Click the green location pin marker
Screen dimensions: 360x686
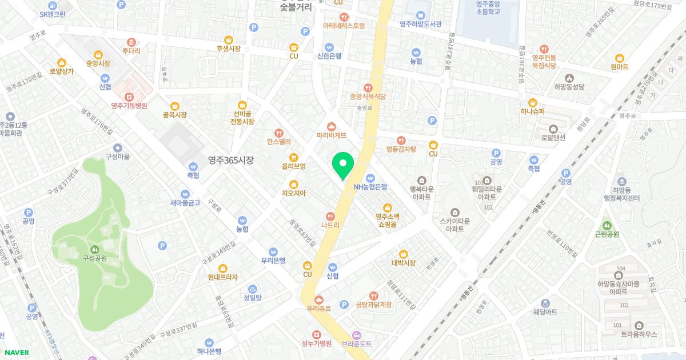coord(343,165)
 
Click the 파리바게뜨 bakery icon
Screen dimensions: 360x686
coord(332,126)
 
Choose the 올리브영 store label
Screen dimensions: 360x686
coord(294,166)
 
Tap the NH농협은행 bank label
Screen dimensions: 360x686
coord(370,186)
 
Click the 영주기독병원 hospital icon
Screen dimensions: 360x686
coord(129,96)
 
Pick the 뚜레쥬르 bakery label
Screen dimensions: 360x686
coord(319,309)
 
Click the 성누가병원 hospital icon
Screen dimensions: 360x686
coord(317,334)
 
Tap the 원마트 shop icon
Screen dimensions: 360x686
coord(619,58)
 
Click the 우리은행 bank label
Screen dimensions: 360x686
coord(273,261)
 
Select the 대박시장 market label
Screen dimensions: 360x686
coord(403,263)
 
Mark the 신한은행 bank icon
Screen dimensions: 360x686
coord(329,47)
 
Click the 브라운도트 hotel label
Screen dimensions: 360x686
coord(357,343)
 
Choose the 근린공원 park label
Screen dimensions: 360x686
coord(607,234)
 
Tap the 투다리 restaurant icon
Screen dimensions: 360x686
coord(131,42)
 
